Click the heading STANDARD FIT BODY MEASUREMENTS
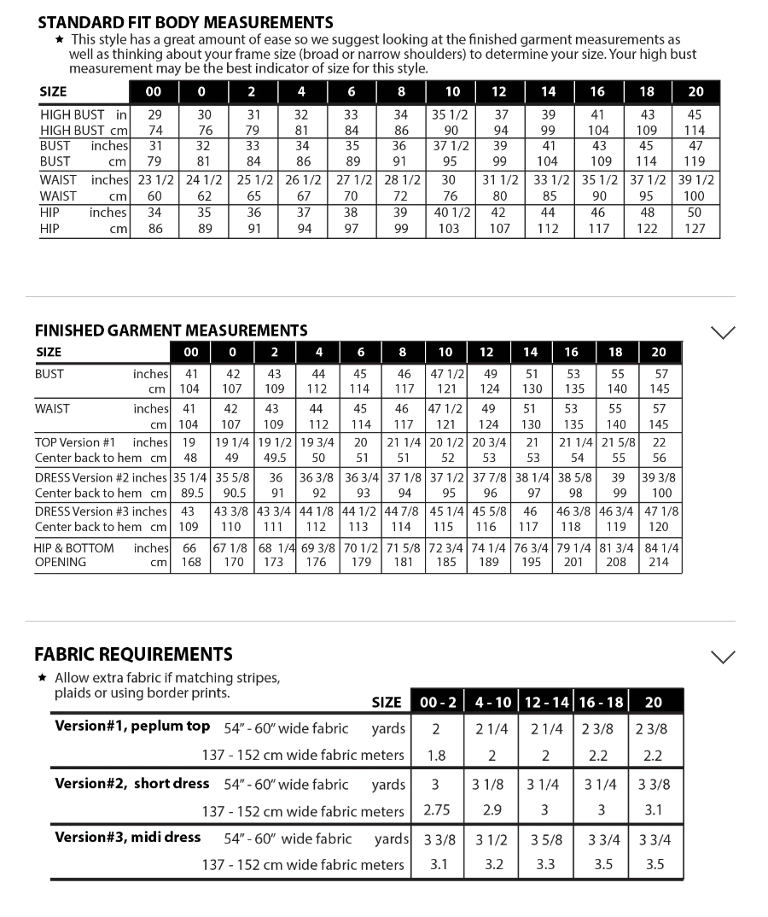185,23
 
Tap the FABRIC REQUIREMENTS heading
133,655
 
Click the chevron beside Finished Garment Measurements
723,332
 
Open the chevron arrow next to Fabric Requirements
723,657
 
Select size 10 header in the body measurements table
452,92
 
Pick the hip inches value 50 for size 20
695,213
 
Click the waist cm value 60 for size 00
154,196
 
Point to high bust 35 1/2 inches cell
452,114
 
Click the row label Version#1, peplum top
132,727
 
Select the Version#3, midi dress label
128,838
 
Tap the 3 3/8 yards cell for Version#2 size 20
655,785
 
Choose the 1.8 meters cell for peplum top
436,756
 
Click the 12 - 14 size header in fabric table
545,702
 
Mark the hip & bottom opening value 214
659,563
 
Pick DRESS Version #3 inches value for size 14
530,511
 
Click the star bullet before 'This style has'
59,39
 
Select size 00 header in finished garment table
191,352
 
